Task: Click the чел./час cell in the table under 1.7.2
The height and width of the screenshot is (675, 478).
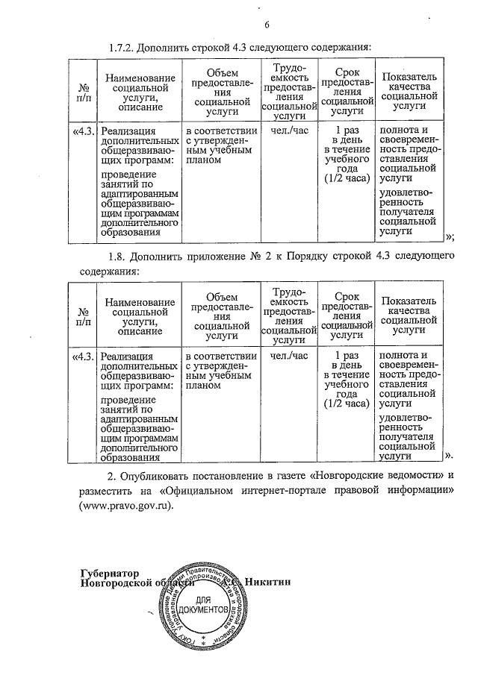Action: click(x=288, y=131)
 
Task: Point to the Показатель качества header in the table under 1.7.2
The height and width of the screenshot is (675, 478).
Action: click(x=407, y=93)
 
